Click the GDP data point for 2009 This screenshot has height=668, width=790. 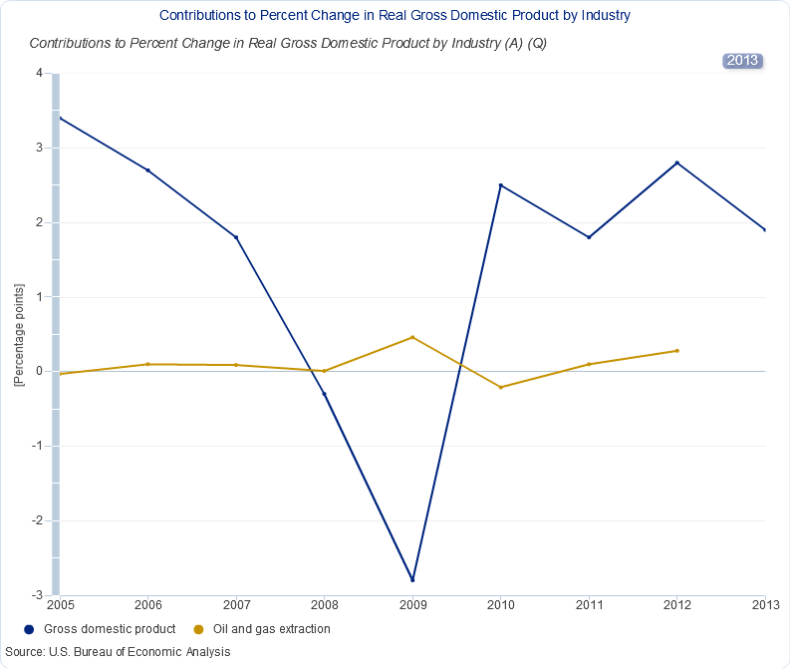412,580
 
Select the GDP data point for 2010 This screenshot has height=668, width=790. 500,185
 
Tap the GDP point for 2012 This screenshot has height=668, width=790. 677,163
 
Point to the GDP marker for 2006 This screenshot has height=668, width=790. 147,170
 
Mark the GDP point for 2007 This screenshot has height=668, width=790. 236,237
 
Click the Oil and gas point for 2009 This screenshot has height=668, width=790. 412,337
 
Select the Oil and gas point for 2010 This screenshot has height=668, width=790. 500,387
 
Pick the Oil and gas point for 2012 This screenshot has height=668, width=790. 677,351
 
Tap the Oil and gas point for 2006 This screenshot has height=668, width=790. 147,364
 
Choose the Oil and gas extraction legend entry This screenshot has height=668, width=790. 261,629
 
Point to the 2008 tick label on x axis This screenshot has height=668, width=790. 324,604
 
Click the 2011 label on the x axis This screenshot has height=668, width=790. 589,604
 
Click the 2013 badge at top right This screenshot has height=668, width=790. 742,60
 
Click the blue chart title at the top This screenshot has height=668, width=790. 395,16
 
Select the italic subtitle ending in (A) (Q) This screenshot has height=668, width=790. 288,44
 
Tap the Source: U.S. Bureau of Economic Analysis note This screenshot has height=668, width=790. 118,652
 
